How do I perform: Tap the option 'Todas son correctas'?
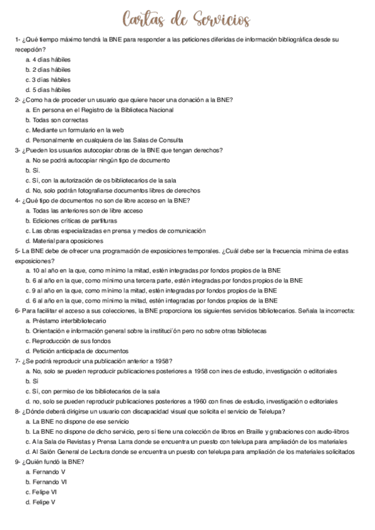coord(60,120)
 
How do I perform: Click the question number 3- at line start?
coord(18,150)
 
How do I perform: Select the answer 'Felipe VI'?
coord(46,492)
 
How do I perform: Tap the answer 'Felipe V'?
coord(45,502)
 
